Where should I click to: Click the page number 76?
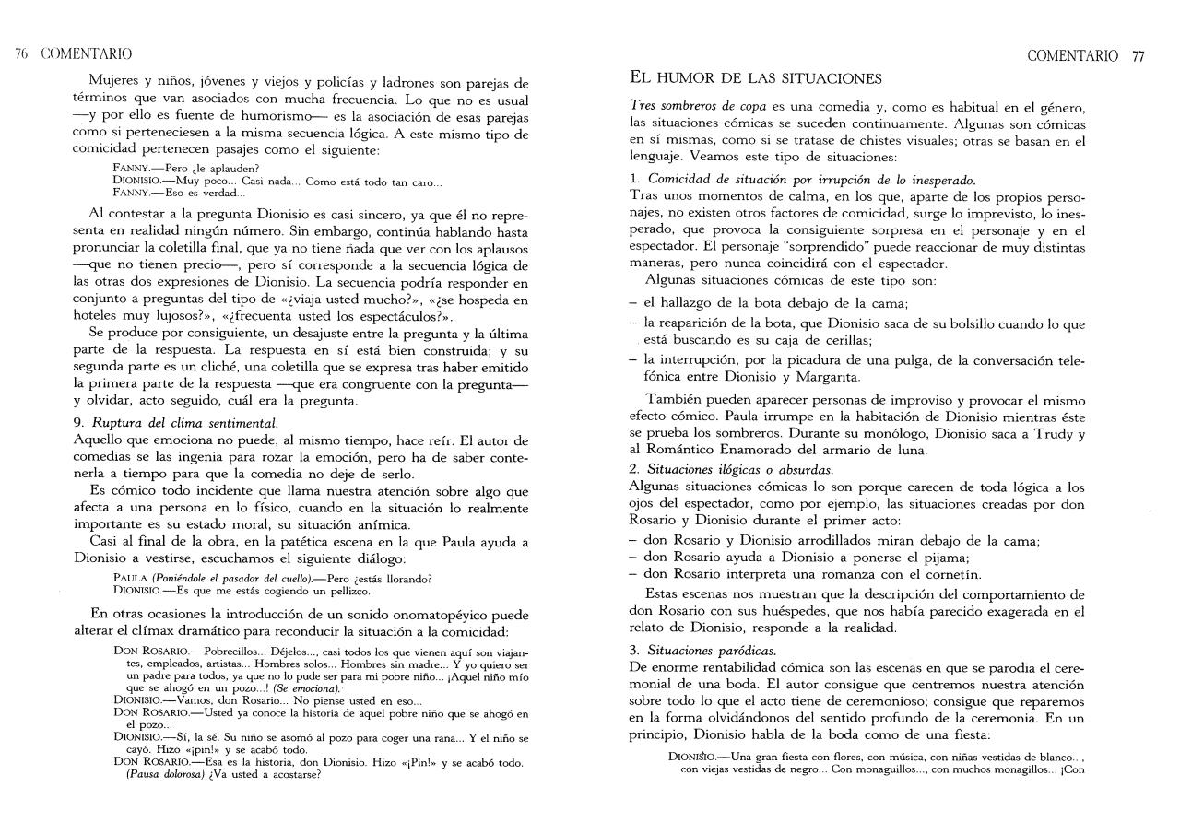pos(21,54)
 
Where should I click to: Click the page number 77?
pos(1139,55)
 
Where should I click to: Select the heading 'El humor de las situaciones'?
pos(755,77)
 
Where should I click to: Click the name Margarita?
pos(831,377)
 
